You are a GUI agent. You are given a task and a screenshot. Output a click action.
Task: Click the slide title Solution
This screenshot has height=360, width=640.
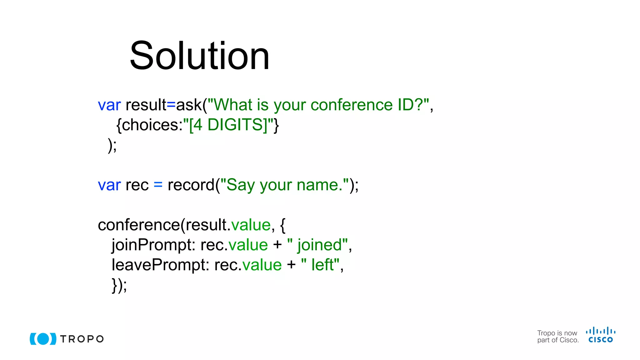(x=199, y=56)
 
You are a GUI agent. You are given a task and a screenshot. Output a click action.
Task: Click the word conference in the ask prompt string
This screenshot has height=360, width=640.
(x=351, y=105)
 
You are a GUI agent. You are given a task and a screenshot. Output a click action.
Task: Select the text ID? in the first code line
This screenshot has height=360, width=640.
(x=410, y=105)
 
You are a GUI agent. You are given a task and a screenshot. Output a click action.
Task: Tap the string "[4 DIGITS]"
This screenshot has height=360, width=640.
(x=228, y=125)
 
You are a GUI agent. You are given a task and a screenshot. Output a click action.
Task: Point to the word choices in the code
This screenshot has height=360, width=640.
(x=150, y=125)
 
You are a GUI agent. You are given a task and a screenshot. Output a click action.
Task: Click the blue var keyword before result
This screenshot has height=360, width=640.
(x=109, y=105)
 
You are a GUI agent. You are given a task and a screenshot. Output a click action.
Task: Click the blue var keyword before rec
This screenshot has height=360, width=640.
(x=109, y=185)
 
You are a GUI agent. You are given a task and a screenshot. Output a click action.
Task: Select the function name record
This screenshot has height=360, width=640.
(x=191, y=185)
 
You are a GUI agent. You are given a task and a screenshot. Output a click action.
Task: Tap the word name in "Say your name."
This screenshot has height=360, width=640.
(x=317, y=185)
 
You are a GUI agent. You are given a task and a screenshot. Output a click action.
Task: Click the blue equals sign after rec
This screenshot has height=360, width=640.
(x=158, y=185)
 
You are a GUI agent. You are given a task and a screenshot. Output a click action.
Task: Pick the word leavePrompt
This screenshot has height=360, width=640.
(x=160, y=265)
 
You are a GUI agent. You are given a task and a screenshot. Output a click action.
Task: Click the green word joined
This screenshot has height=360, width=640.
(x=320, y=245)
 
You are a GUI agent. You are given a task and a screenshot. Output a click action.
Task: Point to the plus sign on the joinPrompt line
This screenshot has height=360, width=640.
(x=277, y=245)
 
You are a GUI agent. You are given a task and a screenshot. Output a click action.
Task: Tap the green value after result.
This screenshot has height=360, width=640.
(x=251, y=225)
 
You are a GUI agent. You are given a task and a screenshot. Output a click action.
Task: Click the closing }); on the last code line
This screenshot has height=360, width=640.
(x=119, y=285)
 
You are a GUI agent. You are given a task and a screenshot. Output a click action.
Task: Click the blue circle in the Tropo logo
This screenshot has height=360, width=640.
(x=43, y=339)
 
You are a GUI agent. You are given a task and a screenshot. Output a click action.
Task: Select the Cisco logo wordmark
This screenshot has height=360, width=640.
(x=601, y=340)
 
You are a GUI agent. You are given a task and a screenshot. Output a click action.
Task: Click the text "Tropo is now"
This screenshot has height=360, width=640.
(x=557, y=333)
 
